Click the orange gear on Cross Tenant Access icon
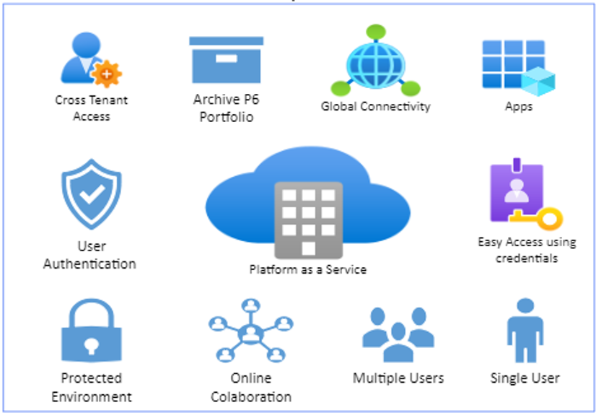click(x=107, y=73)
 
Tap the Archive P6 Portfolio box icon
click(x=226, y=61)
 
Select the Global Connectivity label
click(x=375, y=106)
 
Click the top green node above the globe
click(x=376, y=32)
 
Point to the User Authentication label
click(x=90, y=255)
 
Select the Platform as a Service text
click(x=308, y=270)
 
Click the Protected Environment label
click(x=92, y=387)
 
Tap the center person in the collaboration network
click(x=250, y=334)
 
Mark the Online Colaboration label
click(x=250, y=387)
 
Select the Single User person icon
click(x=525, y=333)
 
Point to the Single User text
click(x=525, y=378)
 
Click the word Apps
click(x=518, y=106)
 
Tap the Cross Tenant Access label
click(x=92, y=108)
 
